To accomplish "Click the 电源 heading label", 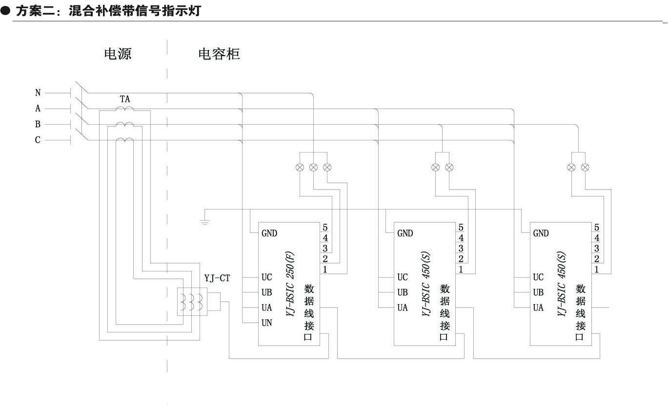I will [x=118, y=54].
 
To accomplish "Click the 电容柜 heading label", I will [x=219, y=54].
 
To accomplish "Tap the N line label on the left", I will [x=38, y=93].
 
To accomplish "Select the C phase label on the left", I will [x=38, y=140].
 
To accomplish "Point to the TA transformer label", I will [x=125, y=99].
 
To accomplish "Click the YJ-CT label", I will [x=217, y=279].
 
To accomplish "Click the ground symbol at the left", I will [x=205, y=222].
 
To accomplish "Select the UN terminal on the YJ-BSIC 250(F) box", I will [x=267, y=323].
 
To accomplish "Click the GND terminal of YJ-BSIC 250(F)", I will [x=269, y=233].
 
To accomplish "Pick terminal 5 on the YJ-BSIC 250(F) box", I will [x=324, y=228].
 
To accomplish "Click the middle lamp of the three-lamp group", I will [x=313, y=167].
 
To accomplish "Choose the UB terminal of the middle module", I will [x=403, y=292].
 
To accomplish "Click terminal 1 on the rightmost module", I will [x=596, y=269].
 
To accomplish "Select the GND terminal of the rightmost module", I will [x=541, y=233].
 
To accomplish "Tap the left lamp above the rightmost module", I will [x=571, y=167].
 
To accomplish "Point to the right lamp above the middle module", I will [x=449, y=167].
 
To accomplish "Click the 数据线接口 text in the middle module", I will [x=444, y=312].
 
